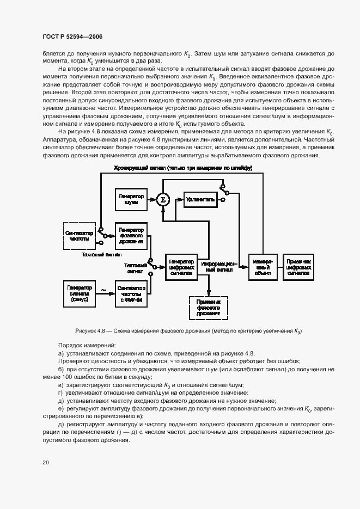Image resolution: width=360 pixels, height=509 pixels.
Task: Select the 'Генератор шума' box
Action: (130, 200)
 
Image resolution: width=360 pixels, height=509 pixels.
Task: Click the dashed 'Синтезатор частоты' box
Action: (80, 235)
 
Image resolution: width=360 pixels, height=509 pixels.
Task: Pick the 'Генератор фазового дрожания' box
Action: (130, 235)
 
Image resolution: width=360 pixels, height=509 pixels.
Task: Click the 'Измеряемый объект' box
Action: (263, 267)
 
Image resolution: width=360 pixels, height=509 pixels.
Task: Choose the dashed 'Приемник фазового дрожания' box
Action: (209, 308)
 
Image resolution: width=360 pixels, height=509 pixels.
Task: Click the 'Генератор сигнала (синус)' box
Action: (80, 294)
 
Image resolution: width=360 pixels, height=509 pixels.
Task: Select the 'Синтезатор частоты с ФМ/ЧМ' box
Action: (130, 294)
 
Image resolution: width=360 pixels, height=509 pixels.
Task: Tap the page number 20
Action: (45, 462)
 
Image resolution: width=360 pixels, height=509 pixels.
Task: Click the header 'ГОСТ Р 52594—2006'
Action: (72, 36)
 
